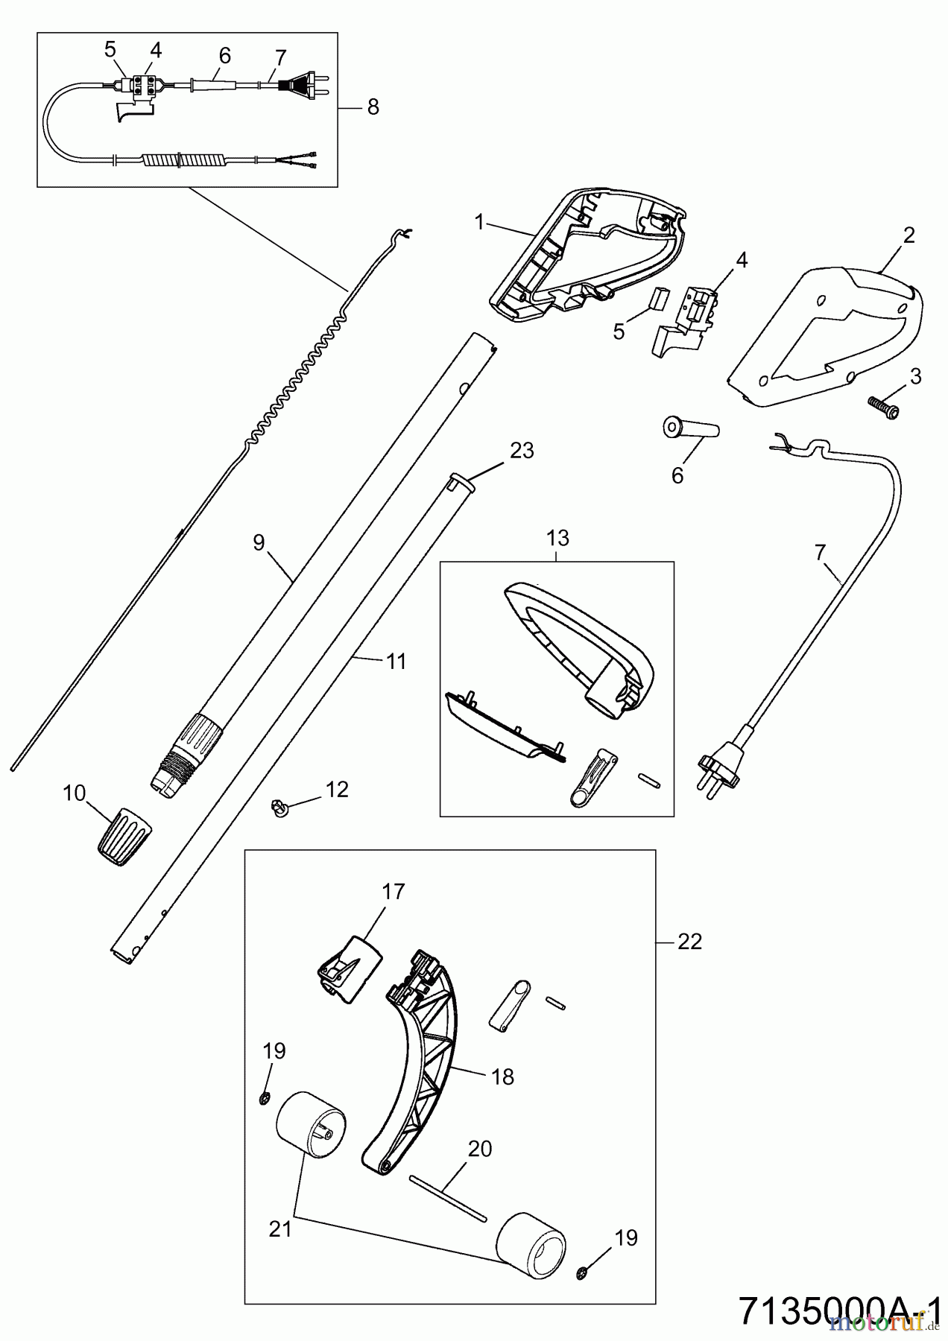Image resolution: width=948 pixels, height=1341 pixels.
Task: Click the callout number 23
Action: [x=522, y=451]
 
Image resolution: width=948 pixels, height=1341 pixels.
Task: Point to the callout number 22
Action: [x=689, y=942]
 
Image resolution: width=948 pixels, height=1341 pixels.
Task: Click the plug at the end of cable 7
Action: [x=716, y=767]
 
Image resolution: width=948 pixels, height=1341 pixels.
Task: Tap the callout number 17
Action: [x=393, y=891]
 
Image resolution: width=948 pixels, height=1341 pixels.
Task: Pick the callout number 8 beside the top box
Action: [x=373, y=107]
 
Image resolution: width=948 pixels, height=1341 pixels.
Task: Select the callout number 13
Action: [x=557, y=537]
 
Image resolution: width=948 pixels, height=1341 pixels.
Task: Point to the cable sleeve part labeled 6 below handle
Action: [x=689, y=431]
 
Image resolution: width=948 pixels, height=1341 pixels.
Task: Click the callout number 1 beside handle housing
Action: [x=479, y=221]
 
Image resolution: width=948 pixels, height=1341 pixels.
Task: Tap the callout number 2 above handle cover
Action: [x=908, y=235]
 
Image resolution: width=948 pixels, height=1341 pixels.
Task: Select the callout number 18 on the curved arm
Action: [x=503, y=1077]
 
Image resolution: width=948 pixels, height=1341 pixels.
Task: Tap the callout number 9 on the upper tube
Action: [x=259, y=542]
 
